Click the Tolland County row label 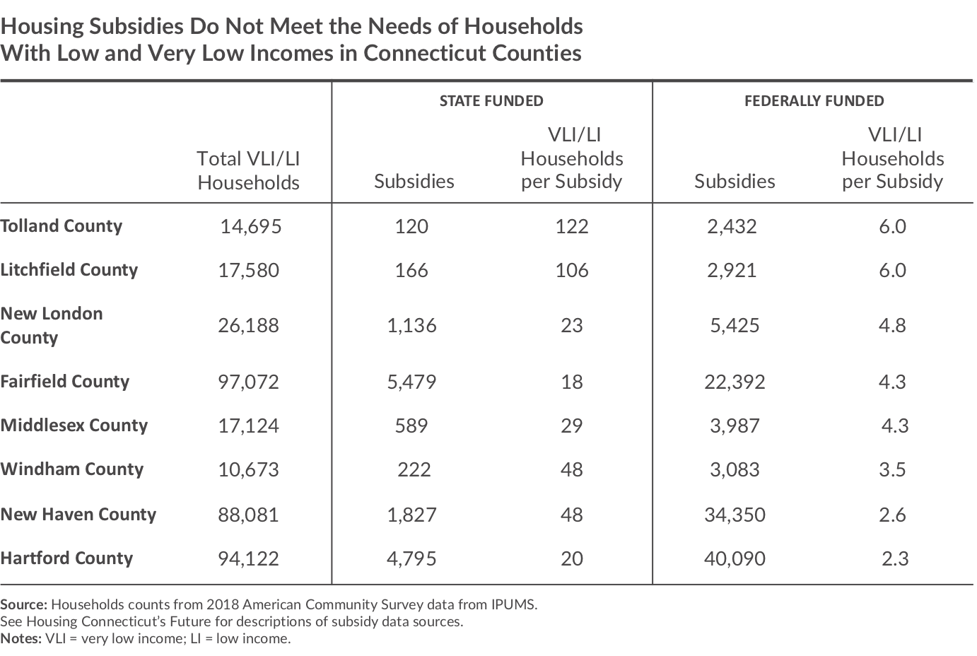pyautogui.click(x=62, y=226)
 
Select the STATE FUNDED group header pyautogui.click(x=491, y=101)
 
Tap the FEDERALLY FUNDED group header pyautogui.click(x=814, y=101)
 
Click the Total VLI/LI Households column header pyautogui.click(x=248, y=170)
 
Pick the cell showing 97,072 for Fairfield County pyautogui.click(x=248, y=382)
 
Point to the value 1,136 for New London pyautogui.click(x=411, y=326)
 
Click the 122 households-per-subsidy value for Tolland pyautogui.click(x=571, y=226)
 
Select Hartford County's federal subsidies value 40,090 pyautogui.click(x=735, y=559)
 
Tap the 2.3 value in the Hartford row pyautogui.click(x=894, y=559)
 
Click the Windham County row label pyautogui.click(x=72, y=469)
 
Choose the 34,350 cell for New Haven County pyautogui.click(x=735, y=515)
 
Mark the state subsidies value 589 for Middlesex pyautogui.click(x=411, y=426)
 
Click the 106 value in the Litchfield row pyautogui.click(x=571, y=270)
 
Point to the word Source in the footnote pyautogui.click(x=23, y=605)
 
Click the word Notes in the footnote pyautogui.click(x=21, y=639)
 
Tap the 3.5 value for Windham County pyautogui.click(x=892, y=470)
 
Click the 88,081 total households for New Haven pyautogui.click(x=248, y=515)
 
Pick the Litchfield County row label pyautogui.click(x=69, y=270)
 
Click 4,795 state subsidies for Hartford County pyautogui.click(x=411, y=559)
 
